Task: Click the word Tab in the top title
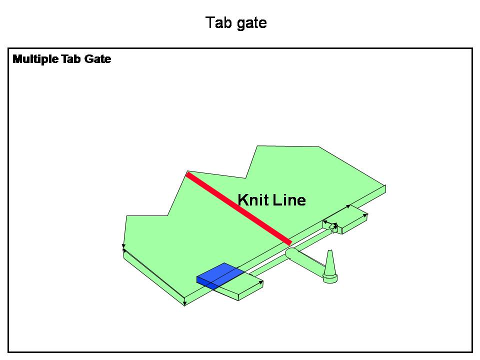click(218, 22)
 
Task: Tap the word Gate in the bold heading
click(97, 59)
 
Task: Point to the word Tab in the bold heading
click(71, 59)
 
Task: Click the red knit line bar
click(239, 208)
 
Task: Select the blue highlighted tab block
click(220, 275)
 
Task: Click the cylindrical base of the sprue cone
click(330, 278)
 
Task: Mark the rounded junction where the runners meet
click(291, 253)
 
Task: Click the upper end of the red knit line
click(188, 173)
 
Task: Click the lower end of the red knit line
click(289, 243)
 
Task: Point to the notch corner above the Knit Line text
click(246, 178)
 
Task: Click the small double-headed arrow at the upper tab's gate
click(330, 224)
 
